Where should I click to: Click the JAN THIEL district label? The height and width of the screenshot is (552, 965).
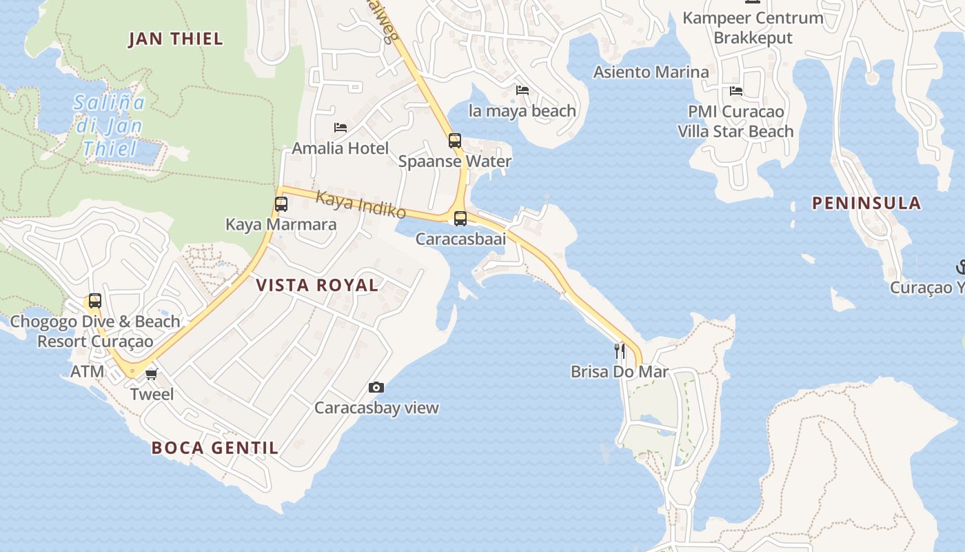(x=176, y=39)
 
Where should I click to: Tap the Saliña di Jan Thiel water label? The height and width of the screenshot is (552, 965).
(x=110, y=126)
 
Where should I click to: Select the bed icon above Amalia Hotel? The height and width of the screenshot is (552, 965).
(x=340, y=128)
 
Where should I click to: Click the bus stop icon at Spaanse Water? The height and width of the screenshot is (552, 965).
(x=455, y=141)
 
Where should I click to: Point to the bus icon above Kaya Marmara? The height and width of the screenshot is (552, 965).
(x=281, y=204)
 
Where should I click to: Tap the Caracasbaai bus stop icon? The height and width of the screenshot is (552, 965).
(x=460, y=219)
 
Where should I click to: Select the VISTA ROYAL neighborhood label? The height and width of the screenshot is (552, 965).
(x=317, y=285)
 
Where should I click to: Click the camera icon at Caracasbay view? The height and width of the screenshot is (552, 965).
(x=376, y=387)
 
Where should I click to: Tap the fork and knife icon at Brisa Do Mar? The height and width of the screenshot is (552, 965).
(x=620, y=351)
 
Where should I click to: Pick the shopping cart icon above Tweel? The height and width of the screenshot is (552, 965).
(x=152, y=374)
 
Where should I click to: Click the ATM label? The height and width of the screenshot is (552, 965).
(x=88, y=371)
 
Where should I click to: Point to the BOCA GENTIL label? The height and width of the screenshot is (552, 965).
(x=215, y=448)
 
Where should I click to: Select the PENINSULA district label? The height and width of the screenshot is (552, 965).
(x=866, y=203)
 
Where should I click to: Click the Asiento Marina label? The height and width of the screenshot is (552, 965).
(x=651, y=72)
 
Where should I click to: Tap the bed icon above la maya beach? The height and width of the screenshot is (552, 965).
(x=522, y=90)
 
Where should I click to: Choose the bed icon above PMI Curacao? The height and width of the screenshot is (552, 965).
(x=736, y=91)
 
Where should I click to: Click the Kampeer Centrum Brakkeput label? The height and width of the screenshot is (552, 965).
(x=753, y=28)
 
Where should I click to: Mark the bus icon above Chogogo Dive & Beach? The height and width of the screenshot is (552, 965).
(x=95, y=301)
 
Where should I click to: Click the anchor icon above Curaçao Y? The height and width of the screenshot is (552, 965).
(x=960, y=267)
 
